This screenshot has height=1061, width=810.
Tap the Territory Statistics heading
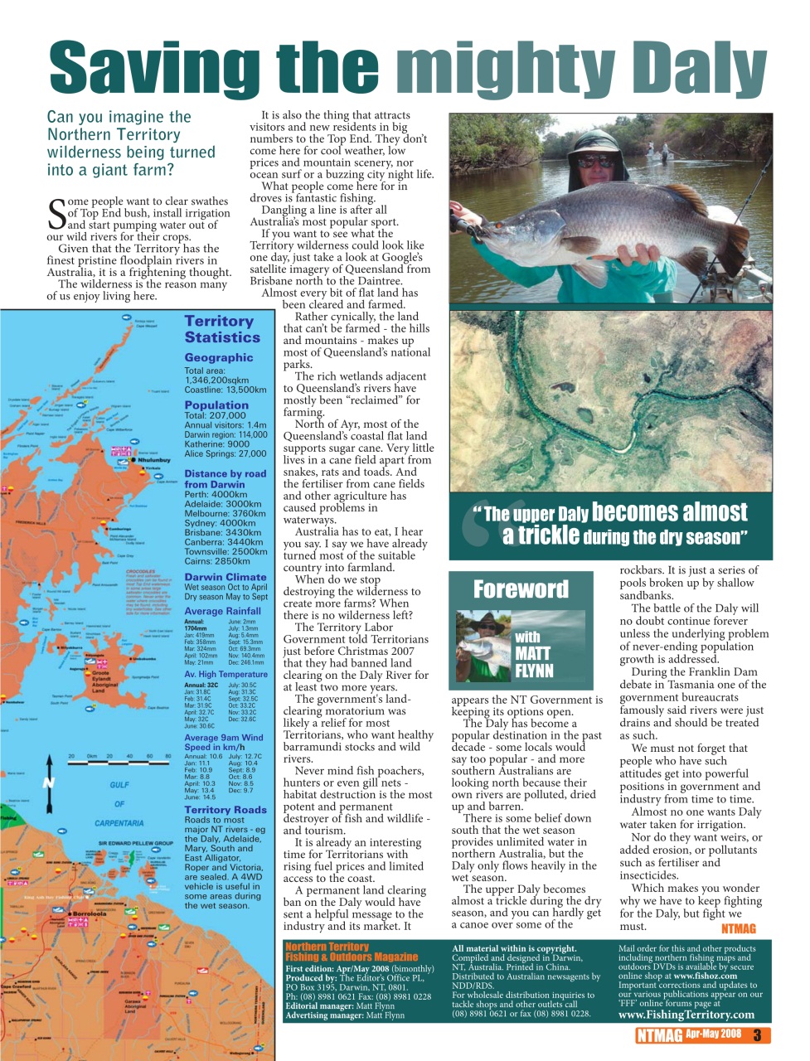point(222,329)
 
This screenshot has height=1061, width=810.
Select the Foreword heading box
point(521,589)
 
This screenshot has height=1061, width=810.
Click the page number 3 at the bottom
point(757,1034)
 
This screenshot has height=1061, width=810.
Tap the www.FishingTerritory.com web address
point(686,1014)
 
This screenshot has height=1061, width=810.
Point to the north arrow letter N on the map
point(49,782)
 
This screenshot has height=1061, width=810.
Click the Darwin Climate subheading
point(225,577)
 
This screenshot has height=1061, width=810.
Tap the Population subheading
point(216,405)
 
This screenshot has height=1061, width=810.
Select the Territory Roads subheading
point(225,810)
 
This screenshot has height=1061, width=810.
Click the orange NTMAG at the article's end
point(738,928)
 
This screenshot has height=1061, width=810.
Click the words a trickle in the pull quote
point(541,535)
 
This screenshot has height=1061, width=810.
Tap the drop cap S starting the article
point(56,213)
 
